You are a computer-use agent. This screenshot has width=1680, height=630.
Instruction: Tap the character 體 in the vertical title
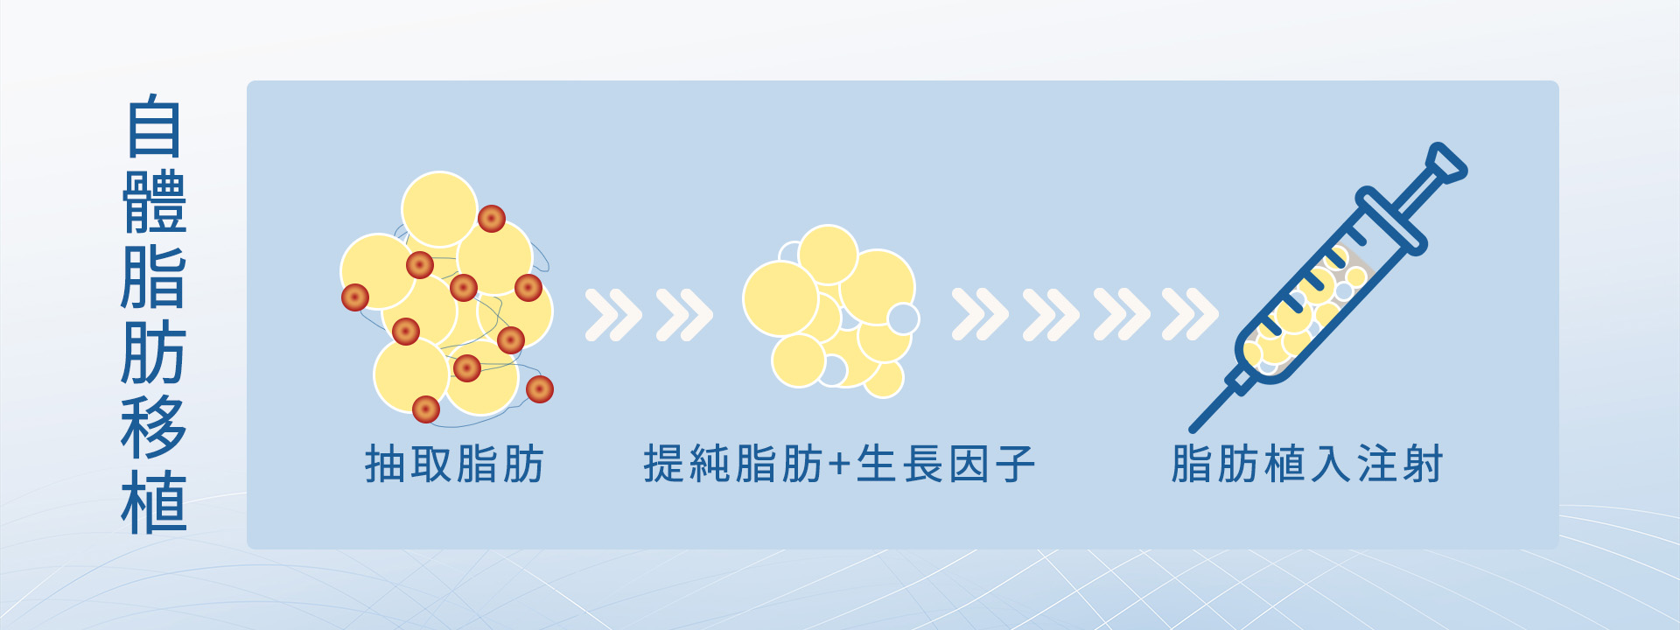(x=154, y=202)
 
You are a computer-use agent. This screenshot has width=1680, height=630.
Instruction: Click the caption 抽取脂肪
(x=455, y=464)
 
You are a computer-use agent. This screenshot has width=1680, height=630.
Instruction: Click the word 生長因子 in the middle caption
(x=946, y=464)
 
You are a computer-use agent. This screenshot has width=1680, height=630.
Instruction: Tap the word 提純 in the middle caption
(x=689, y=464)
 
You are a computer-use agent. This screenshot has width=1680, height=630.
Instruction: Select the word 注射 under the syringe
(x=1399, y=464)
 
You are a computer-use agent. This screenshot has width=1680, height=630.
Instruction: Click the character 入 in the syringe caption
(x=1330, y=464)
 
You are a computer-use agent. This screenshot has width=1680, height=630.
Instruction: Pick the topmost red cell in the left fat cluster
(x=492, y=219)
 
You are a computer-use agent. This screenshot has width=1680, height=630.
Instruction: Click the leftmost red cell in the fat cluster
(x=355, y=297)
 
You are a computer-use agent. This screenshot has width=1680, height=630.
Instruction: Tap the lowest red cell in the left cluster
(x=426, y=409)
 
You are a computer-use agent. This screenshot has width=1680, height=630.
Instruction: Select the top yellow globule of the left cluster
(x=439, y=210)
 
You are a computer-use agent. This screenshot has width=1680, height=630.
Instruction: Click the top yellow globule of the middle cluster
(x=828, y=255)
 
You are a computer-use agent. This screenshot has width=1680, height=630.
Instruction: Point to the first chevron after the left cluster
(x=613, y=314)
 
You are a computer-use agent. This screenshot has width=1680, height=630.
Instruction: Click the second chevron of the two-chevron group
(x=684, y=314)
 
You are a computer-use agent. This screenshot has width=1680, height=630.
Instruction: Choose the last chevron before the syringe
(x=1190, y=314)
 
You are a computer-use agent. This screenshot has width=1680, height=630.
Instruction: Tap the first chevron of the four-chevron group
(x=980, y=314)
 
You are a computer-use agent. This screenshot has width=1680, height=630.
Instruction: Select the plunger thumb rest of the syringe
(x=1445, y=164)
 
